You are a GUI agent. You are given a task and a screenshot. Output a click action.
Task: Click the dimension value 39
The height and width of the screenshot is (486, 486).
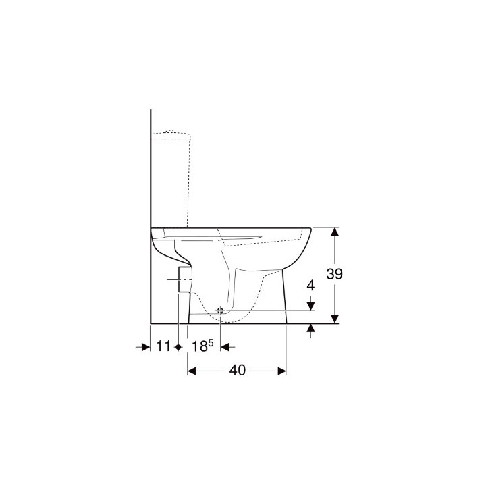[335, 274]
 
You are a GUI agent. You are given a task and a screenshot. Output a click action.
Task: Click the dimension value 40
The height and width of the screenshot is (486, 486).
[237, 371]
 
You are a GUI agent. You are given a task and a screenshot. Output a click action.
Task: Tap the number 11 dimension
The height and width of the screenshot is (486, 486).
[163, 346]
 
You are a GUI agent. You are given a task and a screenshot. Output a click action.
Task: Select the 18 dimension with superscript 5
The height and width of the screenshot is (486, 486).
[200, 346]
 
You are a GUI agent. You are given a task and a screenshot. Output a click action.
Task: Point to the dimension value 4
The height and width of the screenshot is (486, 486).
[310, 285]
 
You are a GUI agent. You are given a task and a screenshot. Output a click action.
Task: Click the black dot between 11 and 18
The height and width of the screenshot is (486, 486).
[178, 346]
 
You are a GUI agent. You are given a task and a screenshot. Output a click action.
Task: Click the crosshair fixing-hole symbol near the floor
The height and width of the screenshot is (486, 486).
[220, 310]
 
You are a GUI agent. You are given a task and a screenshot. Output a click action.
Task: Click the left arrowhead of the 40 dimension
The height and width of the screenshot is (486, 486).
[192, 371]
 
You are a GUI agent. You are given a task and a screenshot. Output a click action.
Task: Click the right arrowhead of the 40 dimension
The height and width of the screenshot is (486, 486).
[282, 371]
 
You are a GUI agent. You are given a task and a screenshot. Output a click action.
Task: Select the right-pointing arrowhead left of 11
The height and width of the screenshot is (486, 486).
[144, 346]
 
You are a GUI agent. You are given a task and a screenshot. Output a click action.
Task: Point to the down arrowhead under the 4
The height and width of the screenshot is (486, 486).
[310, 306]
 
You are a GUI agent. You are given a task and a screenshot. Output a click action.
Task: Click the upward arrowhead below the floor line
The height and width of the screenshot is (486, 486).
[310, 328]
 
